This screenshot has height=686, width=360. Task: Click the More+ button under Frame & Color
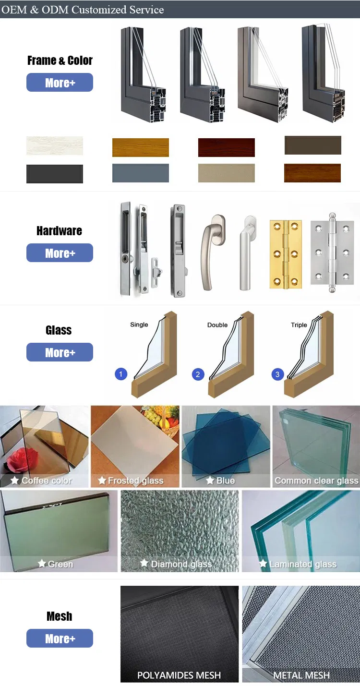click(x=60, y=83)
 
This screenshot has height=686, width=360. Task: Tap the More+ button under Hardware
click(x=60, y=253)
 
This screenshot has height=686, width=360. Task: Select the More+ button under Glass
click(x=60, y=352)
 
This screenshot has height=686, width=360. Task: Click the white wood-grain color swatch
click(x=55, y=146)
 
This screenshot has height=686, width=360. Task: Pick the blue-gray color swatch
click(x=141, y=173)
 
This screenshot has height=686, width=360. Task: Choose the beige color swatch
click(x=227, y=173)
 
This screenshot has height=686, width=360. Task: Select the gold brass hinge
click(x=286, y=254)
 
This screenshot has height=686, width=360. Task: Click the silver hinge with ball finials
click(x=333, y=253)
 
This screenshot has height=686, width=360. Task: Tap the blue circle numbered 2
click(x=198, y=374)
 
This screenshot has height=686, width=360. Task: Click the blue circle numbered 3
click(x=277, y=374)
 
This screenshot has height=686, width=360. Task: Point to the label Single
click(x=139, y=325)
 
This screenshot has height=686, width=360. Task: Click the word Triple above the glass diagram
click(x=299, y=325)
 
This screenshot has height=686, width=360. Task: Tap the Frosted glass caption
click(x=136, y=481)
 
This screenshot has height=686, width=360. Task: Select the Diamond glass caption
click(x=181, y=564)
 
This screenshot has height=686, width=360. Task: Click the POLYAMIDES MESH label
click(x=179, y=675)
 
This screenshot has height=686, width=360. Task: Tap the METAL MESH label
click(x=301, y=675)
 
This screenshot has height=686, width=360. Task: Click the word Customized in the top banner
click(x=99, y=10)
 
